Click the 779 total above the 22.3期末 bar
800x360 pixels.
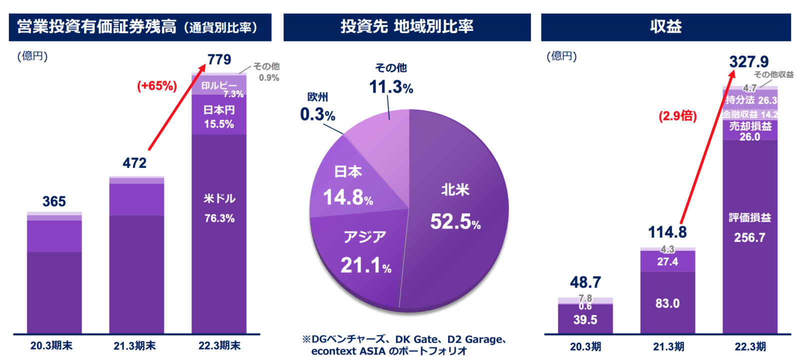tap(219, 59)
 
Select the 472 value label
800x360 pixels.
tap(134, 163)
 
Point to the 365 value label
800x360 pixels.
tap(54, 201)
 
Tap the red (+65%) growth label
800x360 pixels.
tap(157, 86)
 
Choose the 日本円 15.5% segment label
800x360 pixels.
tap(219, 117)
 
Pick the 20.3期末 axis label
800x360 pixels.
tap(51, 345)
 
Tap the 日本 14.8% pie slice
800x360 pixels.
tap(348, 185)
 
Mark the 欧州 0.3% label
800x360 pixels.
tap(317, 107)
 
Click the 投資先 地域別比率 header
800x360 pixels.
tap(407, 27)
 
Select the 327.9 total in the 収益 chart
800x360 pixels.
tap(748, 62)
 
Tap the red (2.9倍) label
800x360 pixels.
tap(677, 116)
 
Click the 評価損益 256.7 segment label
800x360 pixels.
tap(749, 227)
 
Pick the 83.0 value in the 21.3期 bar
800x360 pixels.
tap(667, 303)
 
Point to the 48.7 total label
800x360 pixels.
tap(585, 282)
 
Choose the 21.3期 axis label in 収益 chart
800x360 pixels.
tap(668, 346)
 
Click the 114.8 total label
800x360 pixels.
tap(667, 232)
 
